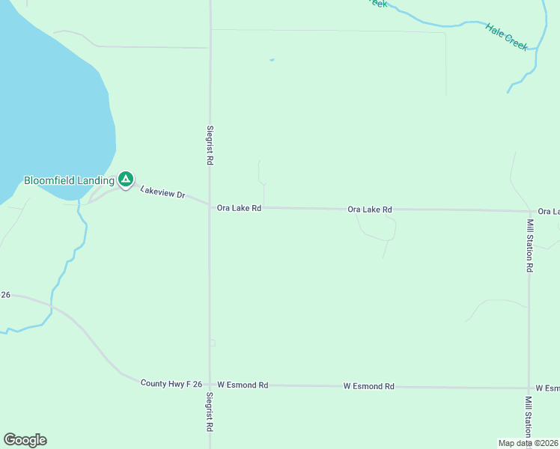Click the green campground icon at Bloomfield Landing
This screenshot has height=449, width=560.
pyautogui.click(x=126, y=179)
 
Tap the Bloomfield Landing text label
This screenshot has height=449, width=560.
pyautogui.click(x=69, y=180)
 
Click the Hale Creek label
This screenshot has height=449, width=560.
pyautogui.click(x=507, y=37)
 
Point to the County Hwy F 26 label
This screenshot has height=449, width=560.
pyautogui.click(x=171, y=383)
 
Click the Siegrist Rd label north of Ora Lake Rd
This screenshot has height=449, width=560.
pyautogui.click(x=210, y=144)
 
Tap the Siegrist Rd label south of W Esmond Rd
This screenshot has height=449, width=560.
pyautogui.click(x=210, y=413)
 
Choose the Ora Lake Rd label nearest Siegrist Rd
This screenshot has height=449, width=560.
pyautogui.click(x=239, y=208)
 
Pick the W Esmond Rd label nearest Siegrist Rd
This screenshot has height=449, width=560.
pyautogui.click(x=242, y=385)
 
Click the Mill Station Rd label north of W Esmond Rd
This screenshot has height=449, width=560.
pyautogui.click(x=529, y=245)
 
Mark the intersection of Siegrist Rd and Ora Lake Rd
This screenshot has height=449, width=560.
pyautogui.click(x=210, y=207)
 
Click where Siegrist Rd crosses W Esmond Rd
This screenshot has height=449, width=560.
pyautogui.click(x=210, y=384)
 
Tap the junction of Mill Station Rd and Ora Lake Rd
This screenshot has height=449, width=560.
pyautogui.click(x=529, y=211)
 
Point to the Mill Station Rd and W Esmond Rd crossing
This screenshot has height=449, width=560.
pyautogui.click(x=529, y=388)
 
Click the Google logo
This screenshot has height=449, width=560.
pyautogui.click(x=25, y=440)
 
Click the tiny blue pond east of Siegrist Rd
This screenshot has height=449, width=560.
pyautogui.click(x=271, y=60)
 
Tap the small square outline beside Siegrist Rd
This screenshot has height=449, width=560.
pyautogui.click(x=213, y=343)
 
